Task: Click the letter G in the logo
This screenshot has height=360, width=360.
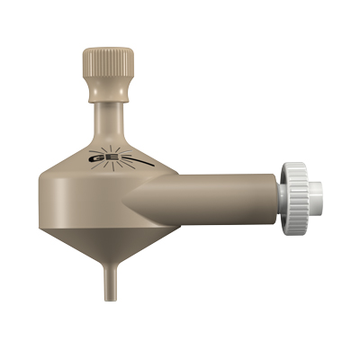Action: pyautogui.click(x=97, y=159)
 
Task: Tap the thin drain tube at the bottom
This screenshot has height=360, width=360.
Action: pyautogui.click(x=108, y=274)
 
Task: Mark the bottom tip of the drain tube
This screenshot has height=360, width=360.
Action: pyautogui.click(x=108, y=296)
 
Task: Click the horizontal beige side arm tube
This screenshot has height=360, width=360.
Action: pyautogui.click(x=225, y=192)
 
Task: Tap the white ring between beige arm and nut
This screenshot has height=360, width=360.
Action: pyautogui.click(x=280, y=192)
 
